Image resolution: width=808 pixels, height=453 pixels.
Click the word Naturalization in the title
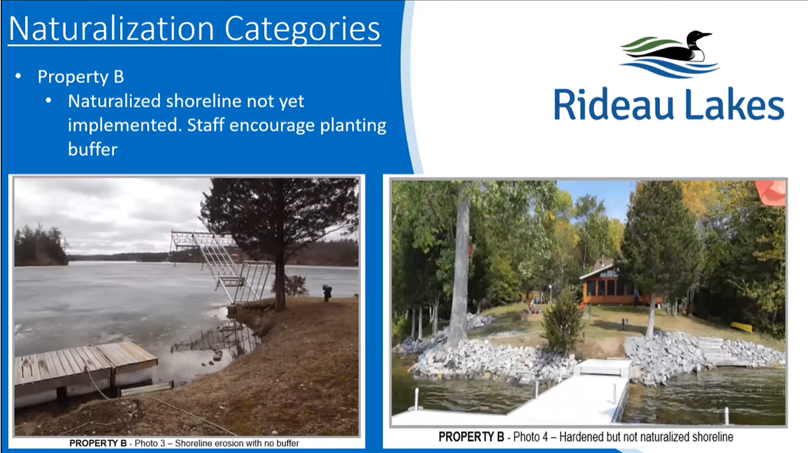point(111,29)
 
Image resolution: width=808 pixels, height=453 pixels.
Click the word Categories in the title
point(303,30)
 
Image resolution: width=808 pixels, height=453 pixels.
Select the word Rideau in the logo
point(613,105)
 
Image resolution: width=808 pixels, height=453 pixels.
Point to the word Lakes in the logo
point(735,105)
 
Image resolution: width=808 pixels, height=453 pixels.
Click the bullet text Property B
point(80,77)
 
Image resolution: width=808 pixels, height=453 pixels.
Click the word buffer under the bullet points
point(93,150)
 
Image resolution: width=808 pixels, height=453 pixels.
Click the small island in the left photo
point(40,246)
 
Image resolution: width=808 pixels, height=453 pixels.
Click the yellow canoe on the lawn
point(741,327)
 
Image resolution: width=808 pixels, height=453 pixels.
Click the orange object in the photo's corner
point(771,192)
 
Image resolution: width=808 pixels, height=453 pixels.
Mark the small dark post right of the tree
point(327,293)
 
